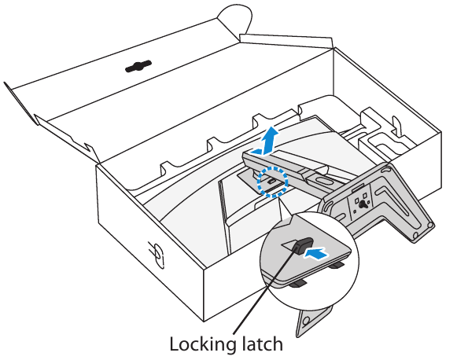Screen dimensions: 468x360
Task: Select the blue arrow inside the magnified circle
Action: (x=316, y=254)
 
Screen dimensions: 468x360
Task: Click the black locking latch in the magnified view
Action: (x=303, y=244)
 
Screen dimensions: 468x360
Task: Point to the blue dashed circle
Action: (x=272, y=182)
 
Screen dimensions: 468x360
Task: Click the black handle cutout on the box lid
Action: (x=138, y=66)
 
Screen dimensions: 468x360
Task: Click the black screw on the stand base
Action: (x=363, y=204)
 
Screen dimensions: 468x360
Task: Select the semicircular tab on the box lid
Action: (x=234, y=20)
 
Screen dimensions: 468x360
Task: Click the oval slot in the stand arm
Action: (x=321, y=181)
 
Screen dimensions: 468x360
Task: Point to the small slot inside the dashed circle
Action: (x=271, y=181)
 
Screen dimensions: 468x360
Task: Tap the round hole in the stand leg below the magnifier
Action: (x=305, y=321)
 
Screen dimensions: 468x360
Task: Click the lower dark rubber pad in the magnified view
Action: (x=299, y=284)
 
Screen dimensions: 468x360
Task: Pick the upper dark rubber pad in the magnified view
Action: (x=338, y=265)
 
